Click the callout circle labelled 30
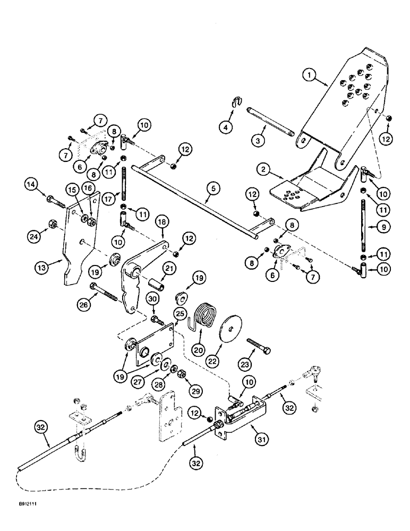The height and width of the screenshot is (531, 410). click(x=151, y=300)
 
